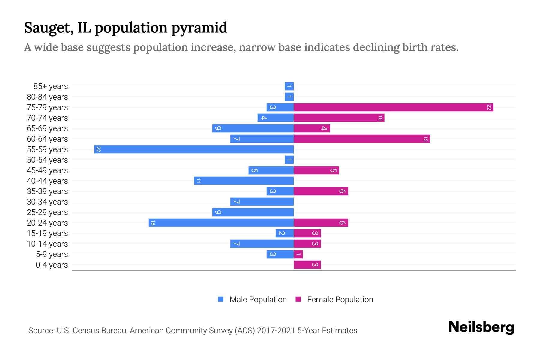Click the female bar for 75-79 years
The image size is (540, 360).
click(x=393, y=107)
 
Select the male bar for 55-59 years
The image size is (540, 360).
click(x=194, y=149)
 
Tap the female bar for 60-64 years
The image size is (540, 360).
click(x=361, y=139)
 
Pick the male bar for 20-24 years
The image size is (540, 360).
click(x=221, y=223)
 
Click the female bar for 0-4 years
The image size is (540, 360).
click(x=307, y=265)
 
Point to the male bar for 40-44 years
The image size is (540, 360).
click(x=244, y=181)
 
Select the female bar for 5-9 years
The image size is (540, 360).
click(x=298, y=254)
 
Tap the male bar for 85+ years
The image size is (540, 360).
click(x=289, y=86)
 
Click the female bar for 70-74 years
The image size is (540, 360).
click(x=339, y=118)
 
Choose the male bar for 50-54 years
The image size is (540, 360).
click(x=289, y=160)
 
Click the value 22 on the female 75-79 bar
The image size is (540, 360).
click(x=489, y=107)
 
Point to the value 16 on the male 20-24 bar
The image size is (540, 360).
click(x=153, y=223)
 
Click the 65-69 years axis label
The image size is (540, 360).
click(x=47, y=128)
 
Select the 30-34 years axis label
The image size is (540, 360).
click(x=47, y=202)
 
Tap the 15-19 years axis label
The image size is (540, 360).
click(x=47, y=233)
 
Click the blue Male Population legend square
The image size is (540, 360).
click(x=221, y=299)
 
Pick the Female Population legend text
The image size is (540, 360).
click(x=340, y=300)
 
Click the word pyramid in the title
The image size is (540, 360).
click(x=199, y=28)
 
